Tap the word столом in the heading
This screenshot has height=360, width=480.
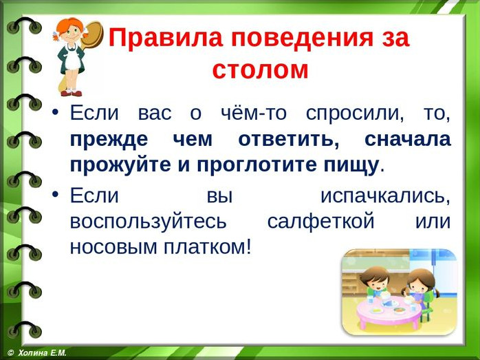pos(260,70)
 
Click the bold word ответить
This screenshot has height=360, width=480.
pos(289,140)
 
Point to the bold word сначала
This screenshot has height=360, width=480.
pos(407,140)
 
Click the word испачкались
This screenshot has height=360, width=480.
pos(385,196)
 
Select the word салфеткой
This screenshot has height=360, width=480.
pos(321,221)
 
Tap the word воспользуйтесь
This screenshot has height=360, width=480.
pos(149,222)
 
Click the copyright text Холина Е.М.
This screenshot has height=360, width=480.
pos(42,353)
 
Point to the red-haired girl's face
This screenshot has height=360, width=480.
pos(71,32)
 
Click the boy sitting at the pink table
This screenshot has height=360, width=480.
pos(377,286)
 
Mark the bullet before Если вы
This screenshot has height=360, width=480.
pos(55,194)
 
